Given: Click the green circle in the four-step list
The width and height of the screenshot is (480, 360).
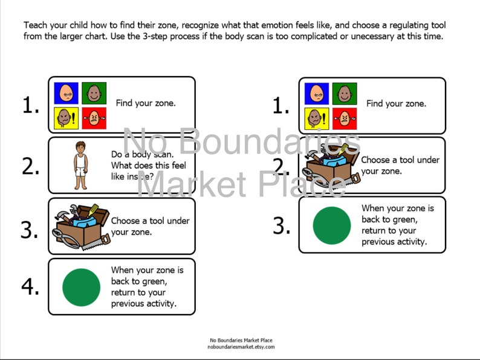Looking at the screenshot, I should click(81, 288).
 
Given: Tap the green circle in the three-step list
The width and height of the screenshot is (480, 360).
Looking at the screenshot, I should click(332, 225).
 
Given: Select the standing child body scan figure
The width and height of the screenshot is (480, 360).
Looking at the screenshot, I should click(81, 166).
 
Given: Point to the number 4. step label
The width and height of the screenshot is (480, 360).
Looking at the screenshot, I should click(30, 287).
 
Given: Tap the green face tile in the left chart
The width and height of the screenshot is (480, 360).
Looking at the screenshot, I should click(94, 93).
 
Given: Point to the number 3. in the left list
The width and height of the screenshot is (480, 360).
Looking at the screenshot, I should click(30, 230).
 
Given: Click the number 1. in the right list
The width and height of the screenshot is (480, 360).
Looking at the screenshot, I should click(281, 106).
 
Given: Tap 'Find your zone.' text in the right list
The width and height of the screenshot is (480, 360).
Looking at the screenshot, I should click(396, 103).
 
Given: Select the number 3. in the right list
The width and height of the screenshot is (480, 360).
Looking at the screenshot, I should click(281, 226).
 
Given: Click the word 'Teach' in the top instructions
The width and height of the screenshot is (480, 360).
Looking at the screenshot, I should click(34, 26).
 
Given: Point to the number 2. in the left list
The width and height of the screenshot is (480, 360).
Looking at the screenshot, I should click(30, 167).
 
